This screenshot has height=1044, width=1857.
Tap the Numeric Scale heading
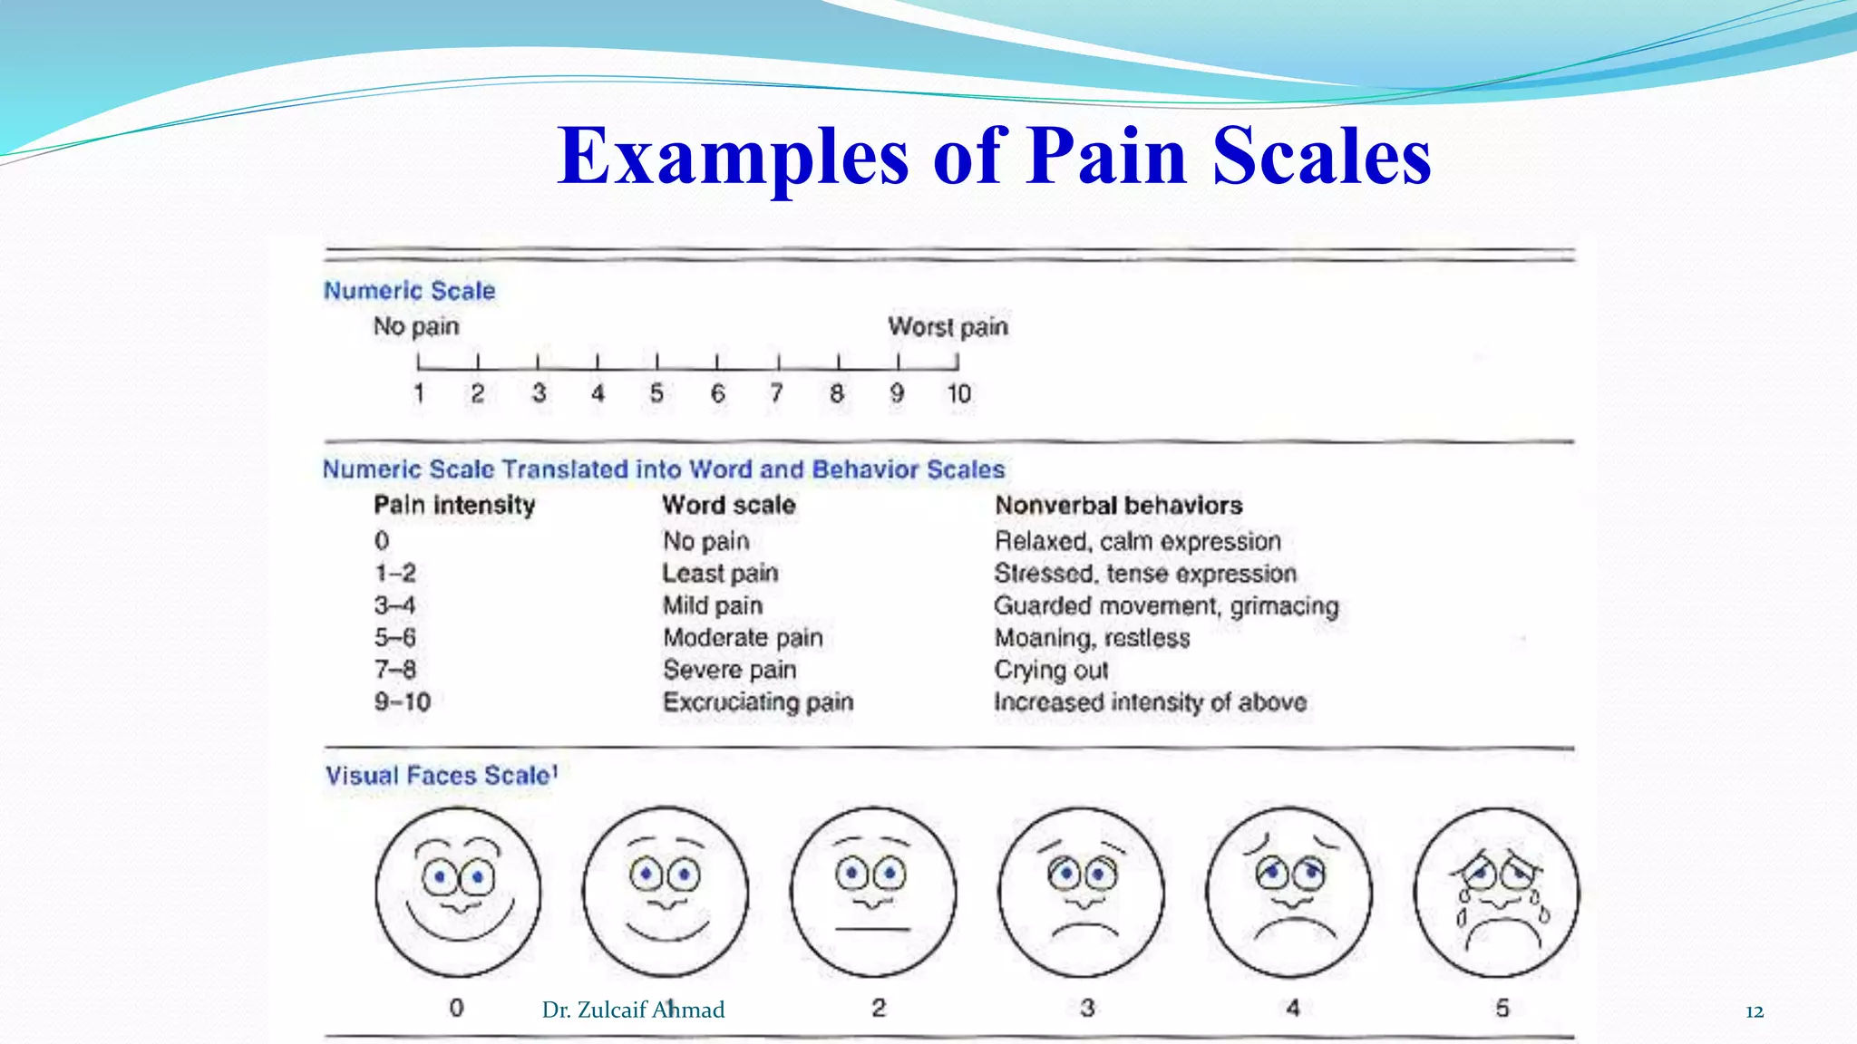(409, 291)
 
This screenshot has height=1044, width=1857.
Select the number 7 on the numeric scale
(776, 393)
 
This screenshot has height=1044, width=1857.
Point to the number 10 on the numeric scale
(958, 393)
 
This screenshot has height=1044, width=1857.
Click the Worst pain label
(948, 326)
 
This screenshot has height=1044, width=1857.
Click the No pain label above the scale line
(416, 326)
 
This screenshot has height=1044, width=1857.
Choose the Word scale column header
(729, 505)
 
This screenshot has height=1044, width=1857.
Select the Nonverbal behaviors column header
(1118, 505)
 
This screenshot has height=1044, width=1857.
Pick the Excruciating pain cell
(758, 702)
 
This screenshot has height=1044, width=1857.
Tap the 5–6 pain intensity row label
(395, 637)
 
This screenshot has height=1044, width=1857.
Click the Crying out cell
(1051, 670)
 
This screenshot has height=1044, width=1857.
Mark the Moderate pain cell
(743, 637)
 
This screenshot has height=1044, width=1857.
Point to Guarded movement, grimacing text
(1166, 605)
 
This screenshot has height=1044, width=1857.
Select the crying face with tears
(1496, 893)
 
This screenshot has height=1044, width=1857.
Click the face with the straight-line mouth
(873, 893)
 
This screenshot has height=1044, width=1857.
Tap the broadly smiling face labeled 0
(458, 893)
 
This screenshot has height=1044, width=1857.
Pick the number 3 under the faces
(1087, 1008)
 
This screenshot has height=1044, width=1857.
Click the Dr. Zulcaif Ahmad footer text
(633, 1010)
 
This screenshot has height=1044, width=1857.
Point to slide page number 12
(1754, 1011)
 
